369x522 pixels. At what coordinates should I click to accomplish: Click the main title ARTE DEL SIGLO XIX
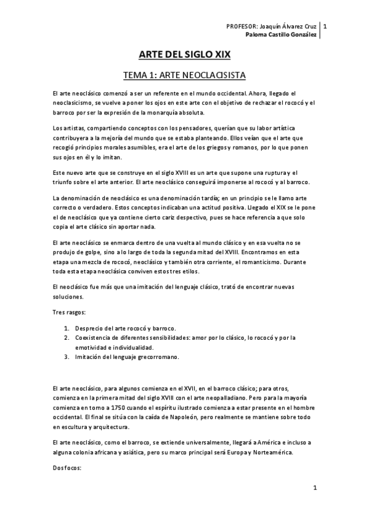pos(184,54)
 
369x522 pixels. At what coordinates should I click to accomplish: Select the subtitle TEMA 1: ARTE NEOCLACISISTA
pos(184,76)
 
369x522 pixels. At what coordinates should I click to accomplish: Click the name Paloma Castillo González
pos(284,34)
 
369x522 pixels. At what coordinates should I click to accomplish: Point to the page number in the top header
pos(325,26)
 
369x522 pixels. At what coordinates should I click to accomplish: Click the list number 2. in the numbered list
pos(66,337)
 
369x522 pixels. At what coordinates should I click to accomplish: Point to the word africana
pos(102,452)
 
